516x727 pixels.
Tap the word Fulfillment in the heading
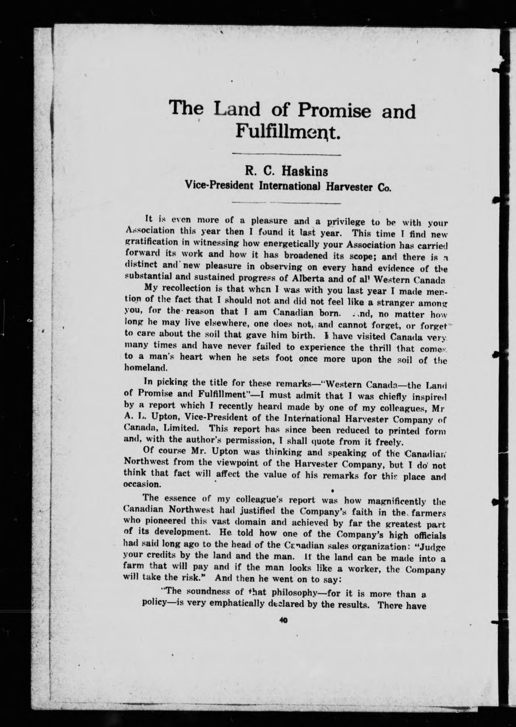pos(288,133)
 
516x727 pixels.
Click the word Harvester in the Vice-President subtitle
pos(351,187)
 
